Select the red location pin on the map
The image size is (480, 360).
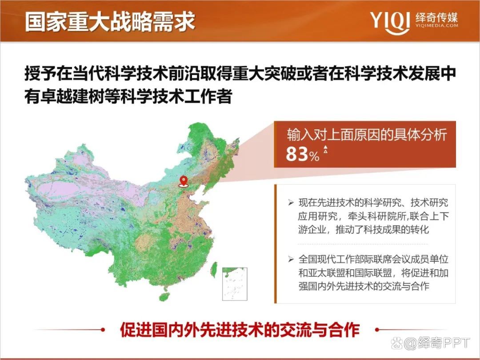click(x=183, y=181)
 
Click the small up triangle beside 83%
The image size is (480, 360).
click(x=325, y=149)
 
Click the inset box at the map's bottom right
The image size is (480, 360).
click(x=234, y=284)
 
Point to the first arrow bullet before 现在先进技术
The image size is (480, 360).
click(x=291, y=203)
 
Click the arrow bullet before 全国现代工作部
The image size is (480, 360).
click(x=291, y=259)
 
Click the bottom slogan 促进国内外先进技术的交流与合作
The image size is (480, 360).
click(x=240, y=330)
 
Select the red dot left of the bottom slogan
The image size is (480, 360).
click(x=103, y=330)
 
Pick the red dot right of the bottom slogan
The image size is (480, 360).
click(x=377, y=330)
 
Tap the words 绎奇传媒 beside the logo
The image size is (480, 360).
click(x=436, y=17)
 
